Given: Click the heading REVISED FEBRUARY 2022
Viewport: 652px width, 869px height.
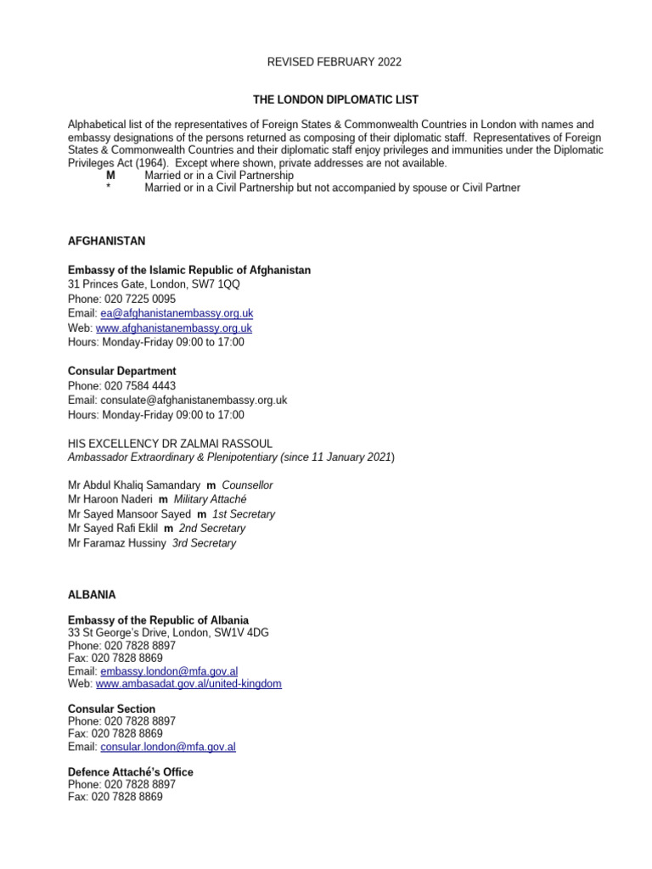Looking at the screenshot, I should tap(334, 62).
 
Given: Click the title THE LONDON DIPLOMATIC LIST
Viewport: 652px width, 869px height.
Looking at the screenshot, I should tap(334, 100).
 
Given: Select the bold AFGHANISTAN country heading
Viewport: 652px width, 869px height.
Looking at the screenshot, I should tap(107, 241).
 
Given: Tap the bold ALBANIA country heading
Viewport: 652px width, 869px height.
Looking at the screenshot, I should tap(92, 595).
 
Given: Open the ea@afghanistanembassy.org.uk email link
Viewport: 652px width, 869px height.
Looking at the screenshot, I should tap(176, 313).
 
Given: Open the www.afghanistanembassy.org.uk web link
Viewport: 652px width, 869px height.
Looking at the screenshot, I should tap(173, 328).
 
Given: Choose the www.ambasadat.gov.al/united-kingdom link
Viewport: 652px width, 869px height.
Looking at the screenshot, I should tap(188, 684).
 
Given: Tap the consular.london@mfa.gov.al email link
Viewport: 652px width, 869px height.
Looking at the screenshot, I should tap(168, 747).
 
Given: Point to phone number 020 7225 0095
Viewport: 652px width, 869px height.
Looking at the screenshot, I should tap(140, 300).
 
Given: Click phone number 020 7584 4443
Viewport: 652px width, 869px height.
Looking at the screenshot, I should tap(140, 385).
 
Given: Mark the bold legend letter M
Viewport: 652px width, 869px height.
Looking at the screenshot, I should tap(110, 175).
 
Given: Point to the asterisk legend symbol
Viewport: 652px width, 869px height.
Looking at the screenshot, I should tap(109, 188).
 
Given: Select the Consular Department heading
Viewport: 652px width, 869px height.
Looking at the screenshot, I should tap(122, 371).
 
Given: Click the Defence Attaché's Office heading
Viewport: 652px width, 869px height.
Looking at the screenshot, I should tap(131, 771).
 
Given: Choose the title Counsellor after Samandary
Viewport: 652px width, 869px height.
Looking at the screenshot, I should tap(247, 485).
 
